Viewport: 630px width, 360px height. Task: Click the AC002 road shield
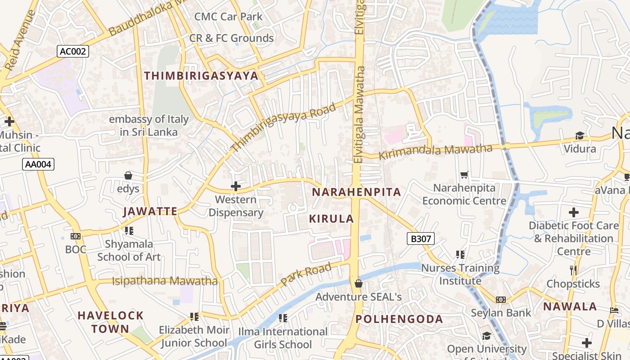(x=72, y=51)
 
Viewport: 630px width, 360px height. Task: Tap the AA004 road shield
(x=38, y=164)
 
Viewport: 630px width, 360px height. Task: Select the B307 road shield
(x=421, y=238)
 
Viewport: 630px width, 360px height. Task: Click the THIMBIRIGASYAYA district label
(x=201, y=76)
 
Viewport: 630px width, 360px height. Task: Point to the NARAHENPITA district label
(x=356, y=192)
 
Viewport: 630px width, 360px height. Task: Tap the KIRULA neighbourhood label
(x=332, y=219)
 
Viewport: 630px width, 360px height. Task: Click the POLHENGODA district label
(x=399, y=319)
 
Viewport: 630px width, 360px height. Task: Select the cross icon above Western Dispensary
(x=235, y=186)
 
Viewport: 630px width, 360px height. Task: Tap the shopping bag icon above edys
(x=128, y=175)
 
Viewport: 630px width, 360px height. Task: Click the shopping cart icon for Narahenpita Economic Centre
(x=464, y=175)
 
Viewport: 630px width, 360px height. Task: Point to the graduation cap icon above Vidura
(x=580, y=136)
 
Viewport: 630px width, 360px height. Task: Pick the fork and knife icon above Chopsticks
(x=573, y=270)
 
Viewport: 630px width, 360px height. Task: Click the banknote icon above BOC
(x=76, y=236)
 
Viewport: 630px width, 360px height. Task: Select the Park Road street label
(x=306, y=274)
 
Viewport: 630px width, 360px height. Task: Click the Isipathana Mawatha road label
(x=165, y=281)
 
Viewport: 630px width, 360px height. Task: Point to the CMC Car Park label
(x=228, y=17)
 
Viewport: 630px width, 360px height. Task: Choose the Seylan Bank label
(x=500, y=312)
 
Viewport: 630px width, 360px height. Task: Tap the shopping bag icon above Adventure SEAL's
(x=359, y=283)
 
